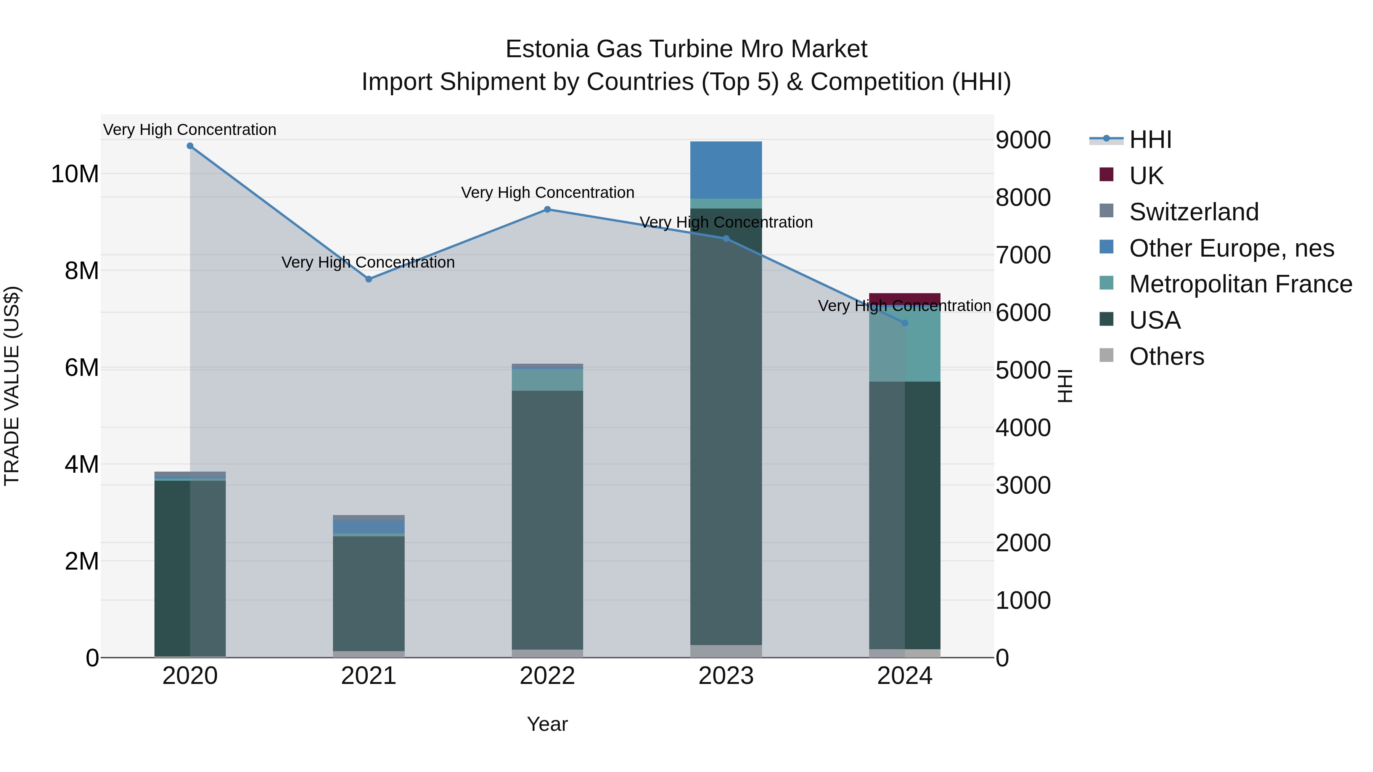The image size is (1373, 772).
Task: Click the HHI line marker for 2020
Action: pyautogui.click(x=190, y=146)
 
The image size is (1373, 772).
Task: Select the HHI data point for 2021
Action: pyautogui.click(x=368, y=279)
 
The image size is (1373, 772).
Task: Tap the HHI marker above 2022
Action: pyautogui.click(x=547, y=209)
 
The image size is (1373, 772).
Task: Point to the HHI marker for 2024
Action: pyautogui.click(x=905, y=323)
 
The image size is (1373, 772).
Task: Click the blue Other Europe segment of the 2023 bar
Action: pyautogui.click(x=725, y=170)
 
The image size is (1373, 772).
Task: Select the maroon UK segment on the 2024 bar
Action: pyautogui.click(x=905, y=299)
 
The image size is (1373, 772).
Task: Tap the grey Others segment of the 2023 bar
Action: pyautogui.click(x=725, y=651)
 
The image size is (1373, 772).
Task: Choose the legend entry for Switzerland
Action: pyautogui.click(x=1193, y=212)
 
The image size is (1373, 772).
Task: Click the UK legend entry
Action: pyautogui.click(x=1146, y=176)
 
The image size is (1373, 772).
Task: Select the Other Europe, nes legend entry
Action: pyautogui.click(x=1231, y=248)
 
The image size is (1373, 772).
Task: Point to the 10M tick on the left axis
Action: pyautogui.click(x=75, y=174)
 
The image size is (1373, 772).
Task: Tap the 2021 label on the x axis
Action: pyautogui.click(x=368, y=676)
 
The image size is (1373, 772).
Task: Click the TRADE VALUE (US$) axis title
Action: pyautogui.click(x=12, y=386)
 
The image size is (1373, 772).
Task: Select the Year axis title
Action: pyautogui.click(x=547, y=724)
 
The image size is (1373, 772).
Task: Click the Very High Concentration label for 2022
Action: pyautogui.click(x=547, y=193)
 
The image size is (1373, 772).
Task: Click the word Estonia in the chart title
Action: pyautogui.click(x=546, y=49)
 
